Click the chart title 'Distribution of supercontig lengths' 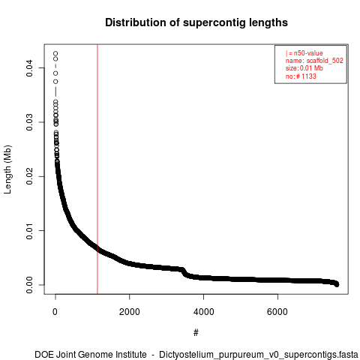tap(196, 22)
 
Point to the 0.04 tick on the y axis tap(29, 67)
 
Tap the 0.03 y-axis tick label tap(29, 122)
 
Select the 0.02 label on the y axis tap(29, 176)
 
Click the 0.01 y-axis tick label tap(29, 230)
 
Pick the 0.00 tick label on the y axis tap(29, 285)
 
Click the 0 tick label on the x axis tap(55, 312)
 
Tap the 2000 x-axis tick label tap(130, 312)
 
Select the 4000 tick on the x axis tap(204, 312)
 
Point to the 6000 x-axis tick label tap(277, 312)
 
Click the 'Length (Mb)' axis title tap(7, 169)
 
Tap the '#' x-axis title tap(196, 333)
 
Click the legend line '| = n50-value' tap(304, 53)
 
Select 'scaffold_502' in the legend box tap(325, 61)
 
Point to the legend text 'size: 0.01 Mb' tap(304, 68)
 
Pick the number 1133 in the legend tap(309, 76)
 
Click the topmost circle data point tap(55, 53)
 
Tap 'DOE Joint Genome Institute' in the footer tap(91, 355)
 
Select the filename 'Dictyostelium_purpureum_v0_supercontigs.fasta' tap(259, 355)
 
